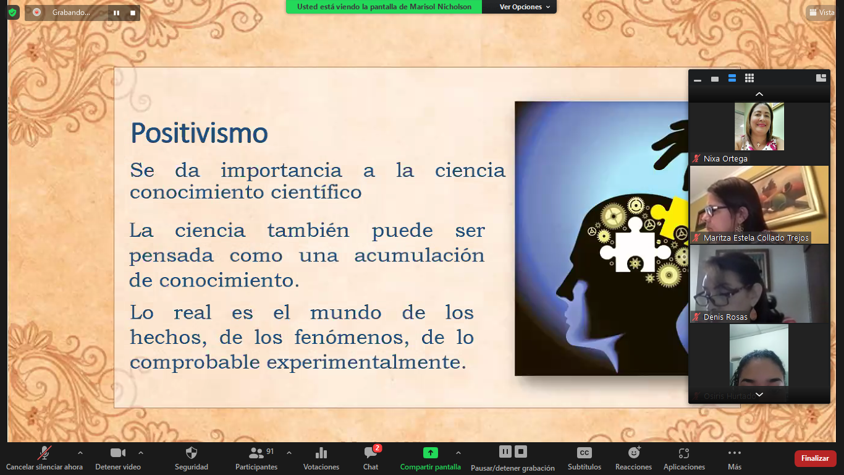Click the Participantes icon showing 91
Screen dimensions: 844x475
pos(256,452)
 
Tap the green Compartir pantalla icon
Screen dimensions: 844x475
pos(430,452)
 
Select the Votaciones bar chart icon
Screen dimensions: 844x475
pos(321,452)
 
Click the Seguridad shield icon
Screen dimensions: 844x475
pos(192,452)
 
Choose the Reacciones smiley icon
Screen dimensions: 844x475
pos(634,452)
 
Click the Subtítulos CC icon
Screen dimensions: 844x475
pos(584,452)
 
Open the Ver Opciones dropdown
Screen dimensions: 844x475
pos(525,7)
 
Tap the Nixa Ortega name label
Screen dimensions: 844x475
pos(725,159)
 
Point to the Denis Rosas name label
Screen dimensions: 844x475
pos(725,317)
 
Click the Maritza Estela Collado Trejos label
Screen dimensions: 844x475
pos(756,237)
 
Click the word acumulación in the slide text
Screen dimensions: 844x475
pos(419,255)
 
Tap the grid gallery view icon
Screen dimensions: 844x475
pos(749,78)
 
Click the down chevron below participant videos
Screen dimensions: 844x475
pos(759,395)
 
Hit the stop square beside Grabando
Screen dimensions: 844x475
pos(133,13)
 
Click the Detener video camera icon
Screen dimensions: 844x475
pos(118,452)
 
